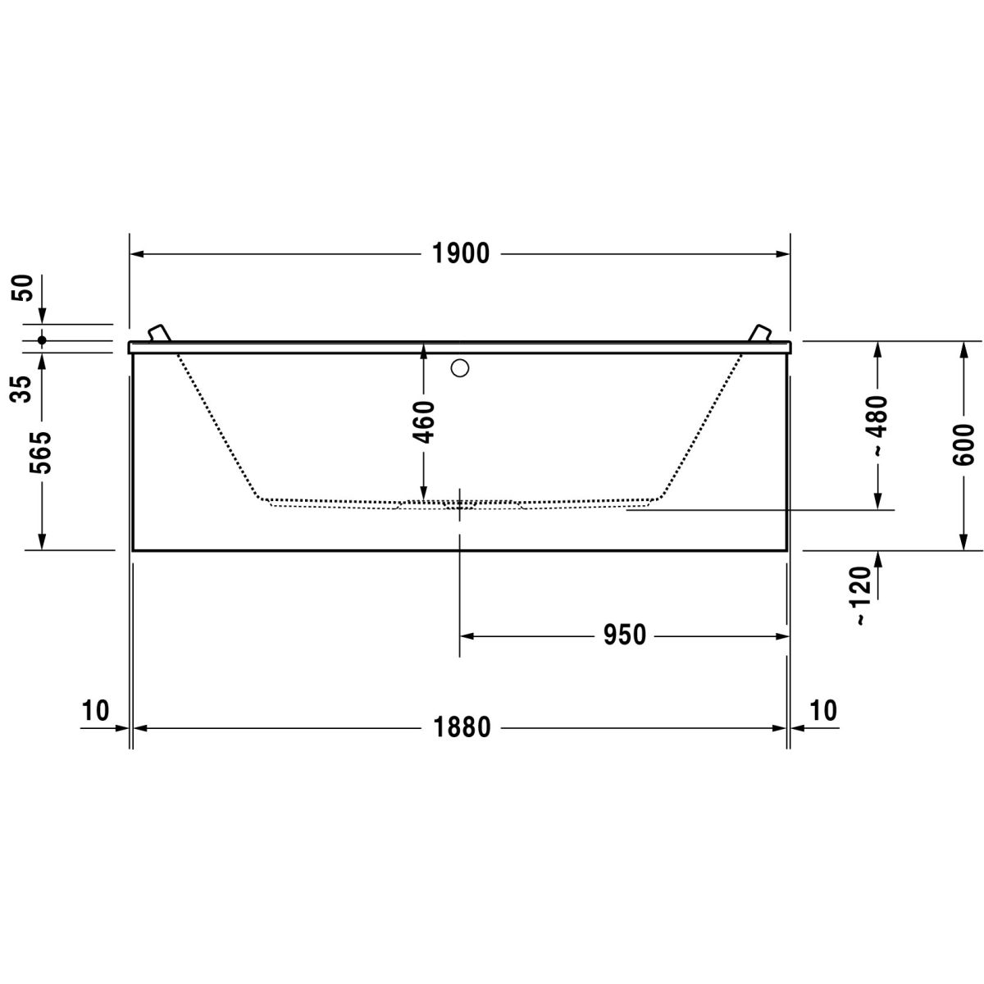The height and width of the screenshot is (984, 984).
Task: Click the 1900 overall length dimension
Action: click(461, 253)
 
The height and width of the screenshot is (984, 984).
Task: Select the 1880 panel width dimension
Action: click(462, 727)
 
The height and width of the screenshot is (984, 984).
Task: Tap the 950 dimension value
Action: click(625, 635)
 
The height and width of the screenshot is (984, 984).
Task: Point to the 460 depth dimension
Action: click(424, 421)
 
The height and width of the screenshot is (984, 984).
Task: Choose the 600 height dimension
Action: click(963, 444)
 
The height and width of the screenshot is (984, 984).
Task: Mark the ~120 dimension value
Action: click(861, 595)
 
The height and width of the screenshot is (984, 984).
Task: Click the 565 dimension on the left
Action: click(41, 453)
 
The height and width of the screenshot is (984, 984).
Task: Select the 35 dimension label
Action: click(21, 389)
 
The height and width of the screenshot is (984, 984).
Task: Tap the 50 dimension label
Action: click(24, 288)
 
